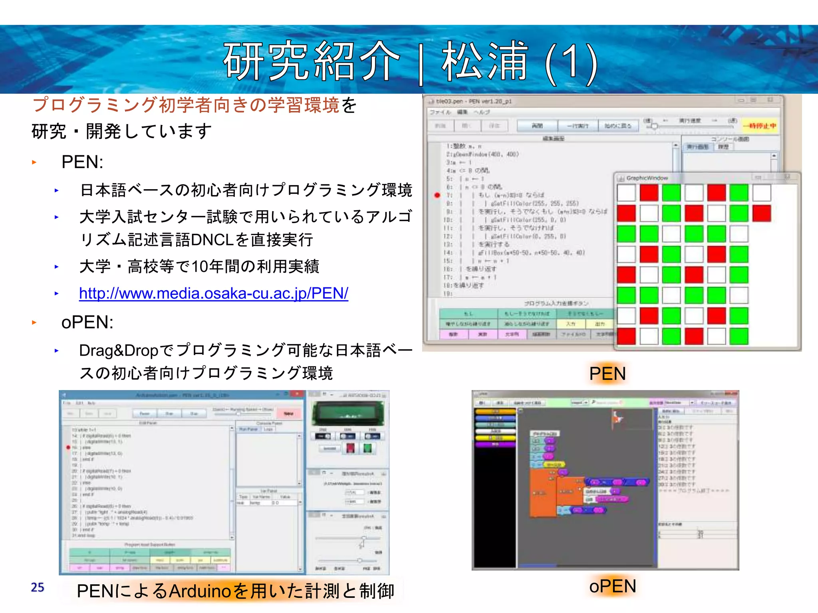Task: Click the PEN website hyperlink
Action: [213, 293]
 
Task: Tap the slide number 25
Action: [38, 587]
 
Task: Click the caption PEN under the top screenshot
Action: [607, 374]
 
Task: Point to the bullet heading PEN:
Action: [82, 162]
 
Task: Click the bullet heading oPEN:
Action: [87, 322]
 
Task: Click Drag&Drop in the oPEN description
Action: [119, 350]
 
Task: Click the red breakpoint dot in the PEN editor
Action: [437, 195]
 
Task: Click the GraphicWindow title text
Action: [647, 178]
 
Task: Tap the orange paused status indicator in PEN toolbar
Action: [760, 126]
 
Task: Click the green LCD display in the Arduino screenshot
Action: [348, 413]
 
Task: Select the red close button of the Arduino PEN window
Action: [297, 394]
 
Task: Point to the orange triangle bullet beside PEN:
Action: [34, 162]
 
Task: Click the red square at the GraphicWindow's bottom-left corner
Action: [626, 336]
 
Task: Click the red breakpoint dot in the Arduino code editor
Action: [68, 447]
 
